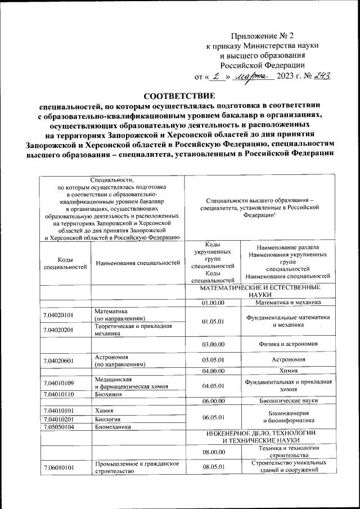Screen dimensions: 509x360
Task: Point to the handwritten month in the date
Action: [x=254, y=76]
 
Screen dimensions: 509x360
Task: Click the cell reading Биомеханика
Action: [x=113, y=427]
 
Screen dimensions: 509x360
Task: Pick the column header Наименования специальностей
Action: [x=138, y=263]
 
